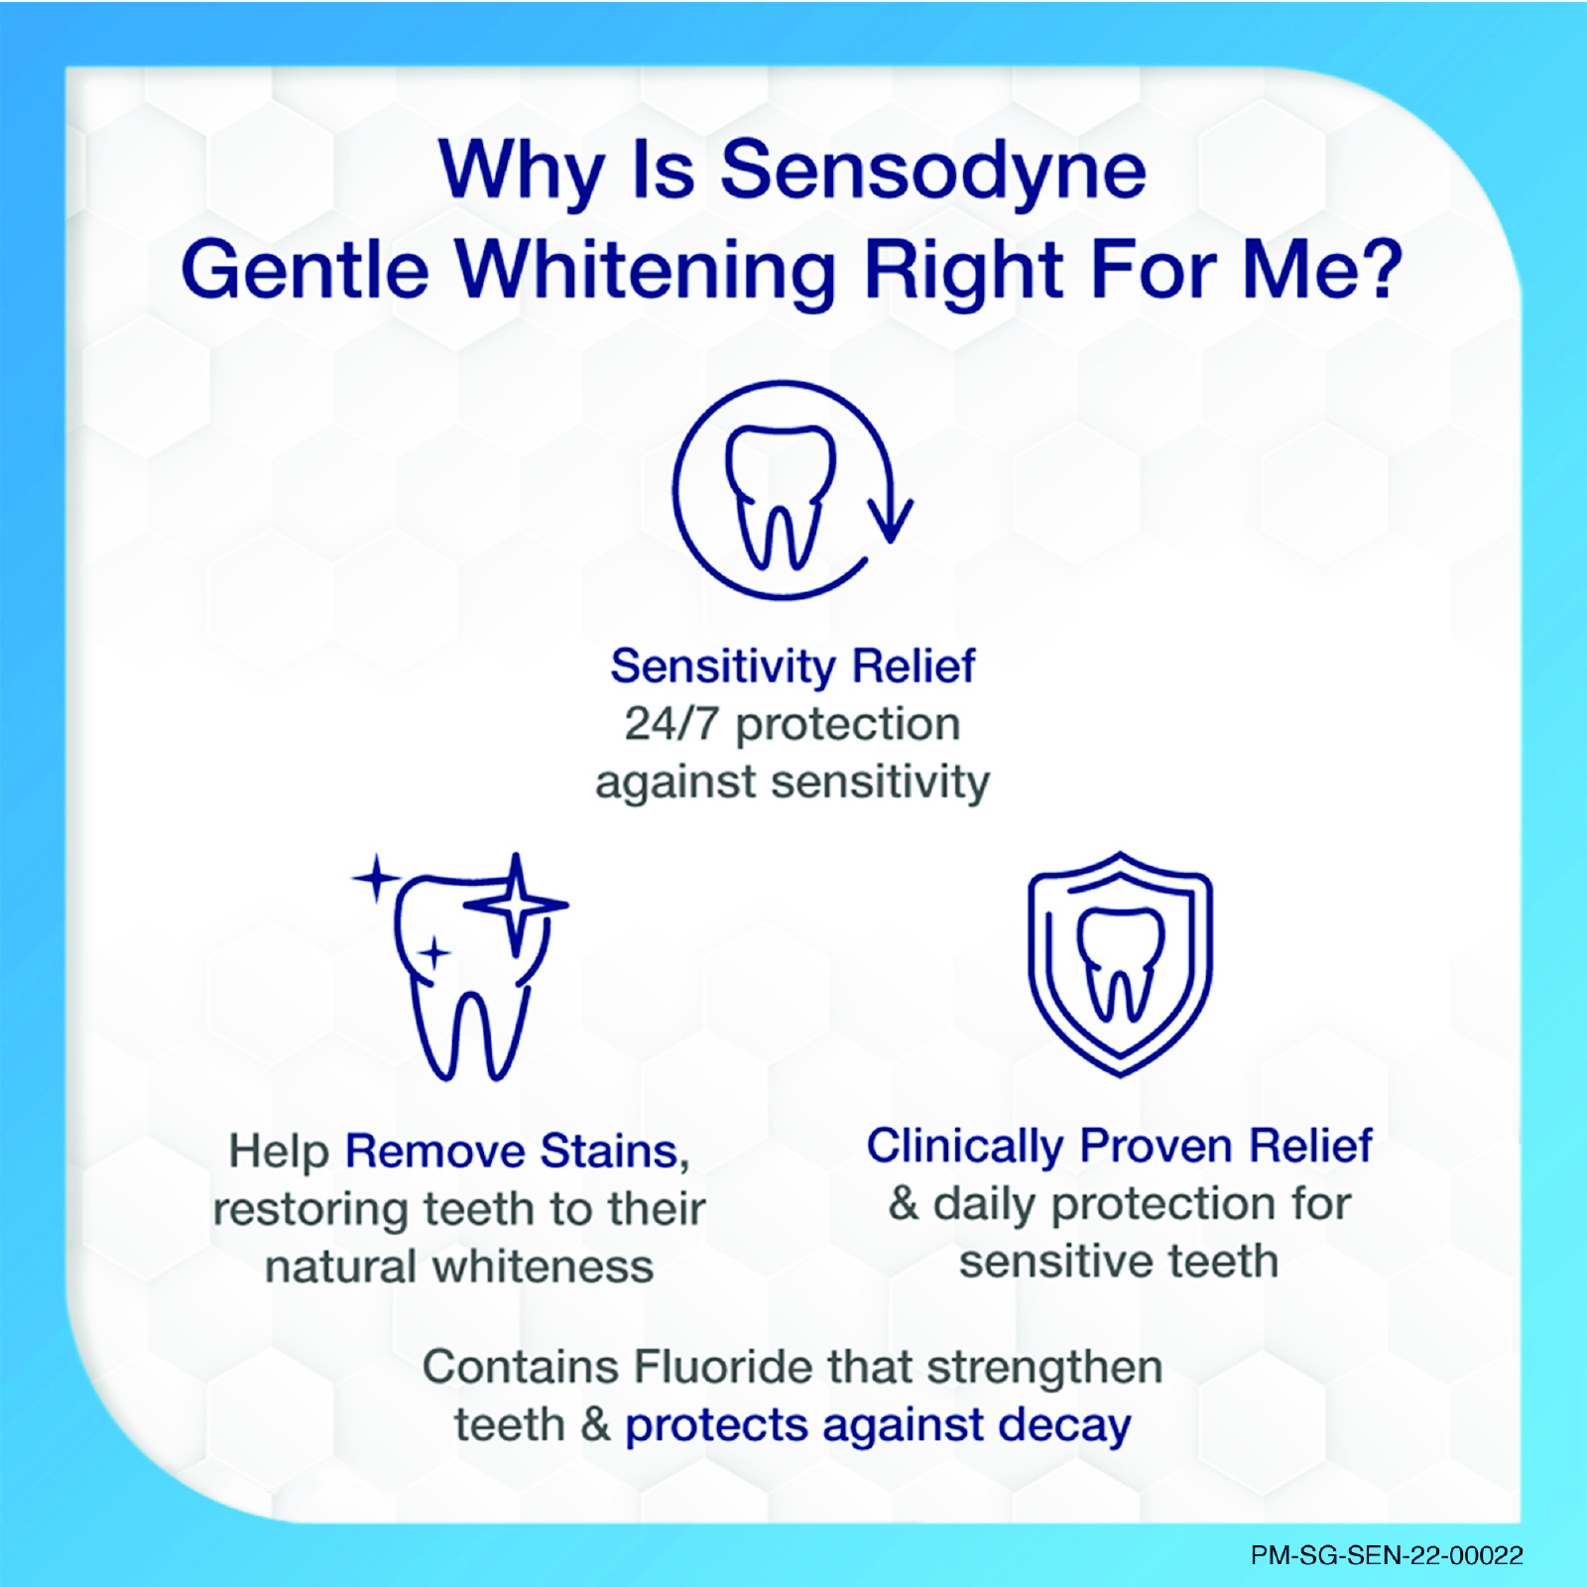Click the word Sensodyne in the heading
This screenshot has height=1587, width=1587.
tap(933, 172)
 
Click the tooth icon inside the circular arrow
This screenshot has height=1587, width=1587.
tap(781, 497)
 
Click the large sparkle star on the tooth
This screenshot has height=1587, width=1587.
tap(516, 904)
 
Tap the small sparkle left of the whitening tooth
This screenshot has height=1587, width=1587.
tap(376, 878)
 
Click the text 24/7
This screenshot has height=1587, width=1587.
tap(671, 724)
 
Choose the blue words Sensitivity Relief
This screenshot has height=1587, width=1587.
tap(793, 666)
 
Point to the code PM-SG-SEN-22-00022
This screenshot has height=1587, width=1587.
tap(1387, 1555)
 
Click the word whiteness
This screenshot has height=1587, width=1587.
tap(544, 1267)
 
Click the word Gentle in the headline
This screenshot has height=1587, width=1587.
tap(305, 270)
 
